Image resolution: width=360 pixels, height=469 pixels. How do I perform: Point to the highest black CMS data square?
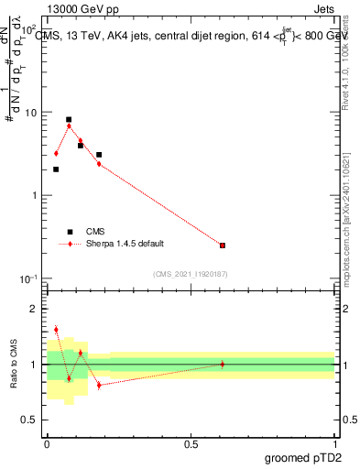coord(69,119)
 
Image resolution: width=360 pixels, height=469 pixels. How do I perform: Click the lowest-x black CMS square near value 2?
coord(56,169)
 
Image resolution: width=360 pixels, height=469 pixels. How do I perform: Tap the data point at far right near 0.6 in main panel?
coord(223,245)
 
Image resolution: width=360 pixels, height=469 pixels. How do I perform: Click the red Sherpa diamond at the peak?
coord(69,126)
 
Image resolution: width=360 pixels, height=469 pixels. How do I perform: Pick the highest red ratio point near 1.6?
coord(56,330)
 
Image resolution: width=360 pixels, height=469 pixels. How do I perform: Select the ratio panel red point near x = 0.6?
coord(223,365)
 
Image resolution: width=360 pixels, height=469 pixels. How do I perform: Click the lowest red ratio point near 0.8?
coord(99,385)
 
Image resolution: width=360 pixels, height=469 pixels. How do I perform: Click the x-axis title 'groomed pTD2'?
coord(303,457)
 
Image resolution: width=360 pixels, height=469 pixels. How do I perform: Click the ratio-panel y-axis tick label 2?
coord(35,309)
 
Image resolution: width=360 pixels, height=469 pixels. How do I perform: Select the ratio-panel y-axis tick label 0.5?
coord(31,420)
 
